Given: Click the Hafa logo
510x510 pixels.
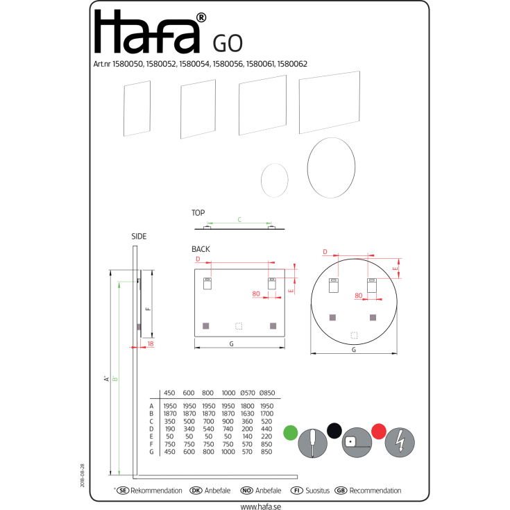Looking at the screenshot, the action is pyautogui.click(x=150, y=31).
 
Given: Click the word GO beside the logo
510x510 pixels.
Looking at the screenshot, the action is pyautogui.click(x=228, y=44).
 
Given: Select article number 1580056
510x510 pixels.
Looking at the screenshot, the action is pyautogui.click(x=228, y=64).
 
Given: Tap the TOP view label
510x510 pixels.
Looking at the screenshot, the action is pyautogui.click(x=198, y=213).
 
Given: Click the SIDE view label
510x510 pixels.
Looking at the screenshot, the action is pyautogui.click(x=139, y=237).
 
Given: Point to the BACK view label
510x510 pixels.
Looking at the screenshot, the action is pyautogui.click(x=201, y=249).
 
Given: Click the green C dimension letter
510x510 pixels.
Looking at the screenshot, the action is pyautogui.click(x=239, y=219).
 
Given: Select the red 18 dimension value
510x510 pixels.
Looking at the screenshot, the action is pyautogui.click(x=151, y=343).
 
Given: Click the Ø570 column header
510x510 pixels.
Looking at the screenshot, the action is pyautogui.click(x=248, y=393).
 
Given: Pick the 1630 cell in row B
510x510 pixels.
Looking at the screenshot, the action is pyautogui.click(x=247, y=414).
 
